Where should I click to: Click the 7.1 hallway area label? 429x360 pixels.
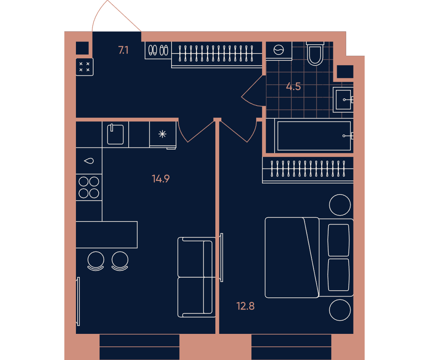coord(123,50)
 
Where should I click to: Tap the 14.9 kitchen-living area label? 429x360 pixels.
coord(160,179)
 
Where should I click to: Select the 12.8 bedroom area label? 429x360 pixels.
coord(245,306)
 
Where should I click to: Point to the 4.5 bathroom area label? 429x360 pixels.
coord(293,87)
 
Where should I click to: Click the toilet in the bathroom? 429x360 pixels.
coord(315,54)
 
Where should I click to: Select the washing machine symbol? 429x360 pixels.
coord(279,51)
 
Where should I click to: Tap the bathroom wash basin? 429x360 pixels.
coord(343,100)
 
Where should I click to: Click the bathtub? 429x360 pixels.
coord(314,136)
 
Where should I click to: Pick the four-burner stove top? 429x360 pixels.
coord(89,187)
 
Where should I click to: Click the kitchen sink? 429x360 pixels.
coord(115,134)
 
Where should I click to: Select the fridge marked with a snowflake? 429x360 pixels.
coord(163,134)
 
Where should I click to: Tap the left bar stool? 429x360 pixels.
coord(96,261)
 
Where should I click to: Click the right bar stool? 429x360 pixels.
coord(120,261)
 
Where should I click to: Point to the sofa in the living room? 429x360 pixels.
coord(196,277)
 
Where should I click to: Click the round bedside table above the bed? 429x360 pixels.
coord(340,205)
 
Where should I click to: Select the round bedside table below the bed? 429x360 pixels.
coord(340,310)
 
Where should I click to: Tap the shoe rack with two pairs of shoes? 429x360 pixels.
coord(158,50)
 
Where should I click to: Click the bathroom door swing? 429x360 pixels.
coord(254,91)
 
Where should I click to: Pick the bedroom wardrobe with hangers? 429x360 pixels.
coord(308,170)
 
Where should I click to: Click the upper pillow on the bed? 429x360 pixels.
coord(339,240)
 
